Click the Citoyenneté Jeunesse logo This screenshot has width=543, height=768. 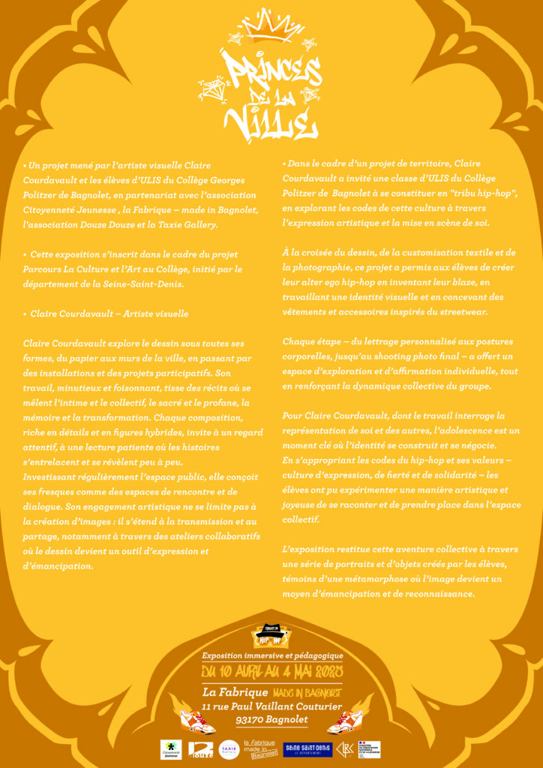[171, 748]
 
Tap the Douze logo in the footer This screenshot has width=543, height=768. [199, 748]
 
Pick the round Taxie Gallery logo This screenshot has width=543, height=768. [229, 748]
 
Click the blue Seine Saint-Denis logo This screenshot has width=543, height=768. [307, 748]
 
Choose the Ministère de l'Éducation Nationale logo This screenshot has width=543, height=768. [369, 748]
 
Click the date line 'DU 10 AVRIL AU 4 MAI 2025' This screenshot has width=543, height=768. [271, 671]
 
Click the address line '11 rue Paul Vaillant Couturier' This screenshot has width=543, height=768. [271, 706]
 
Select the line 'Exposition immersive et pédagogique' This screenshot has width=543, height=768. [271, 655]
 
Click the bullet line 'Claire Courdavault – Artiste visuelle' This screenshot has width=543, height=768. [109, 313]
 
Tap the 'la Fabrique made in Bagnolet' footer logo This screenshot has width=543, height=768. [260, 748]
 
